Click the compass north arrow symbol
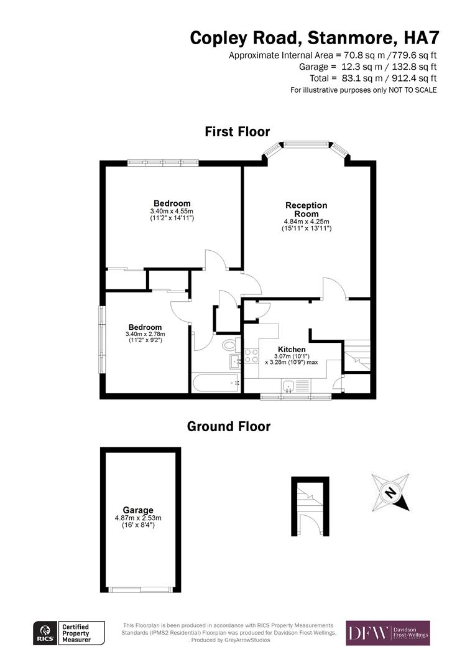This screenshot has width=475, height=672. click(x=391, y=493)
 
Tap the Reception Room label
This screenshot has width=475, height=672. click(x=306, y=210)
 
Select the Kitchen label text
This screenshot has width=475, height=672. click(x=292, y=349)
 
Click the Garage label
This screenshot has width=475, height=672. click(x=138, y=510)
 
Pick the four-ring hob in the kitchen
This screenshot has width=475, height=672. click(x=251, y=356)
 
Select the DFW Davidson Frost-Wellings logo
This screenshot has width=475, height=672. click(x=388, y=633)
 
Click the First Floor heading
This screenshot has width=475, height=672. click(x=237, y=132)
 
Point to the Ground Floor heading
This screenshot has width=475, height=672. click(x=229, y=427)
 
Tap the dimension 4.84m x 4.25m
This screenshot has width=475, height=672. click(x=307, y=222)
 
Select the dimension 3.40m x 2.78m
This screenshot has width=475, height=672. click(x=145, y=334)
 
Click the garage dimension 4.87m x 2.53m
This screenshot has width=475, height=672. click(x=138, y=518)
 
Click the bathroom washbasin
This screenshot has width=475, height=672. click(x=236, y=362)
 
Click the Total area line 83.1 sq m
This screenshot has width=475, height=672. click(x=373, y=78)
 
